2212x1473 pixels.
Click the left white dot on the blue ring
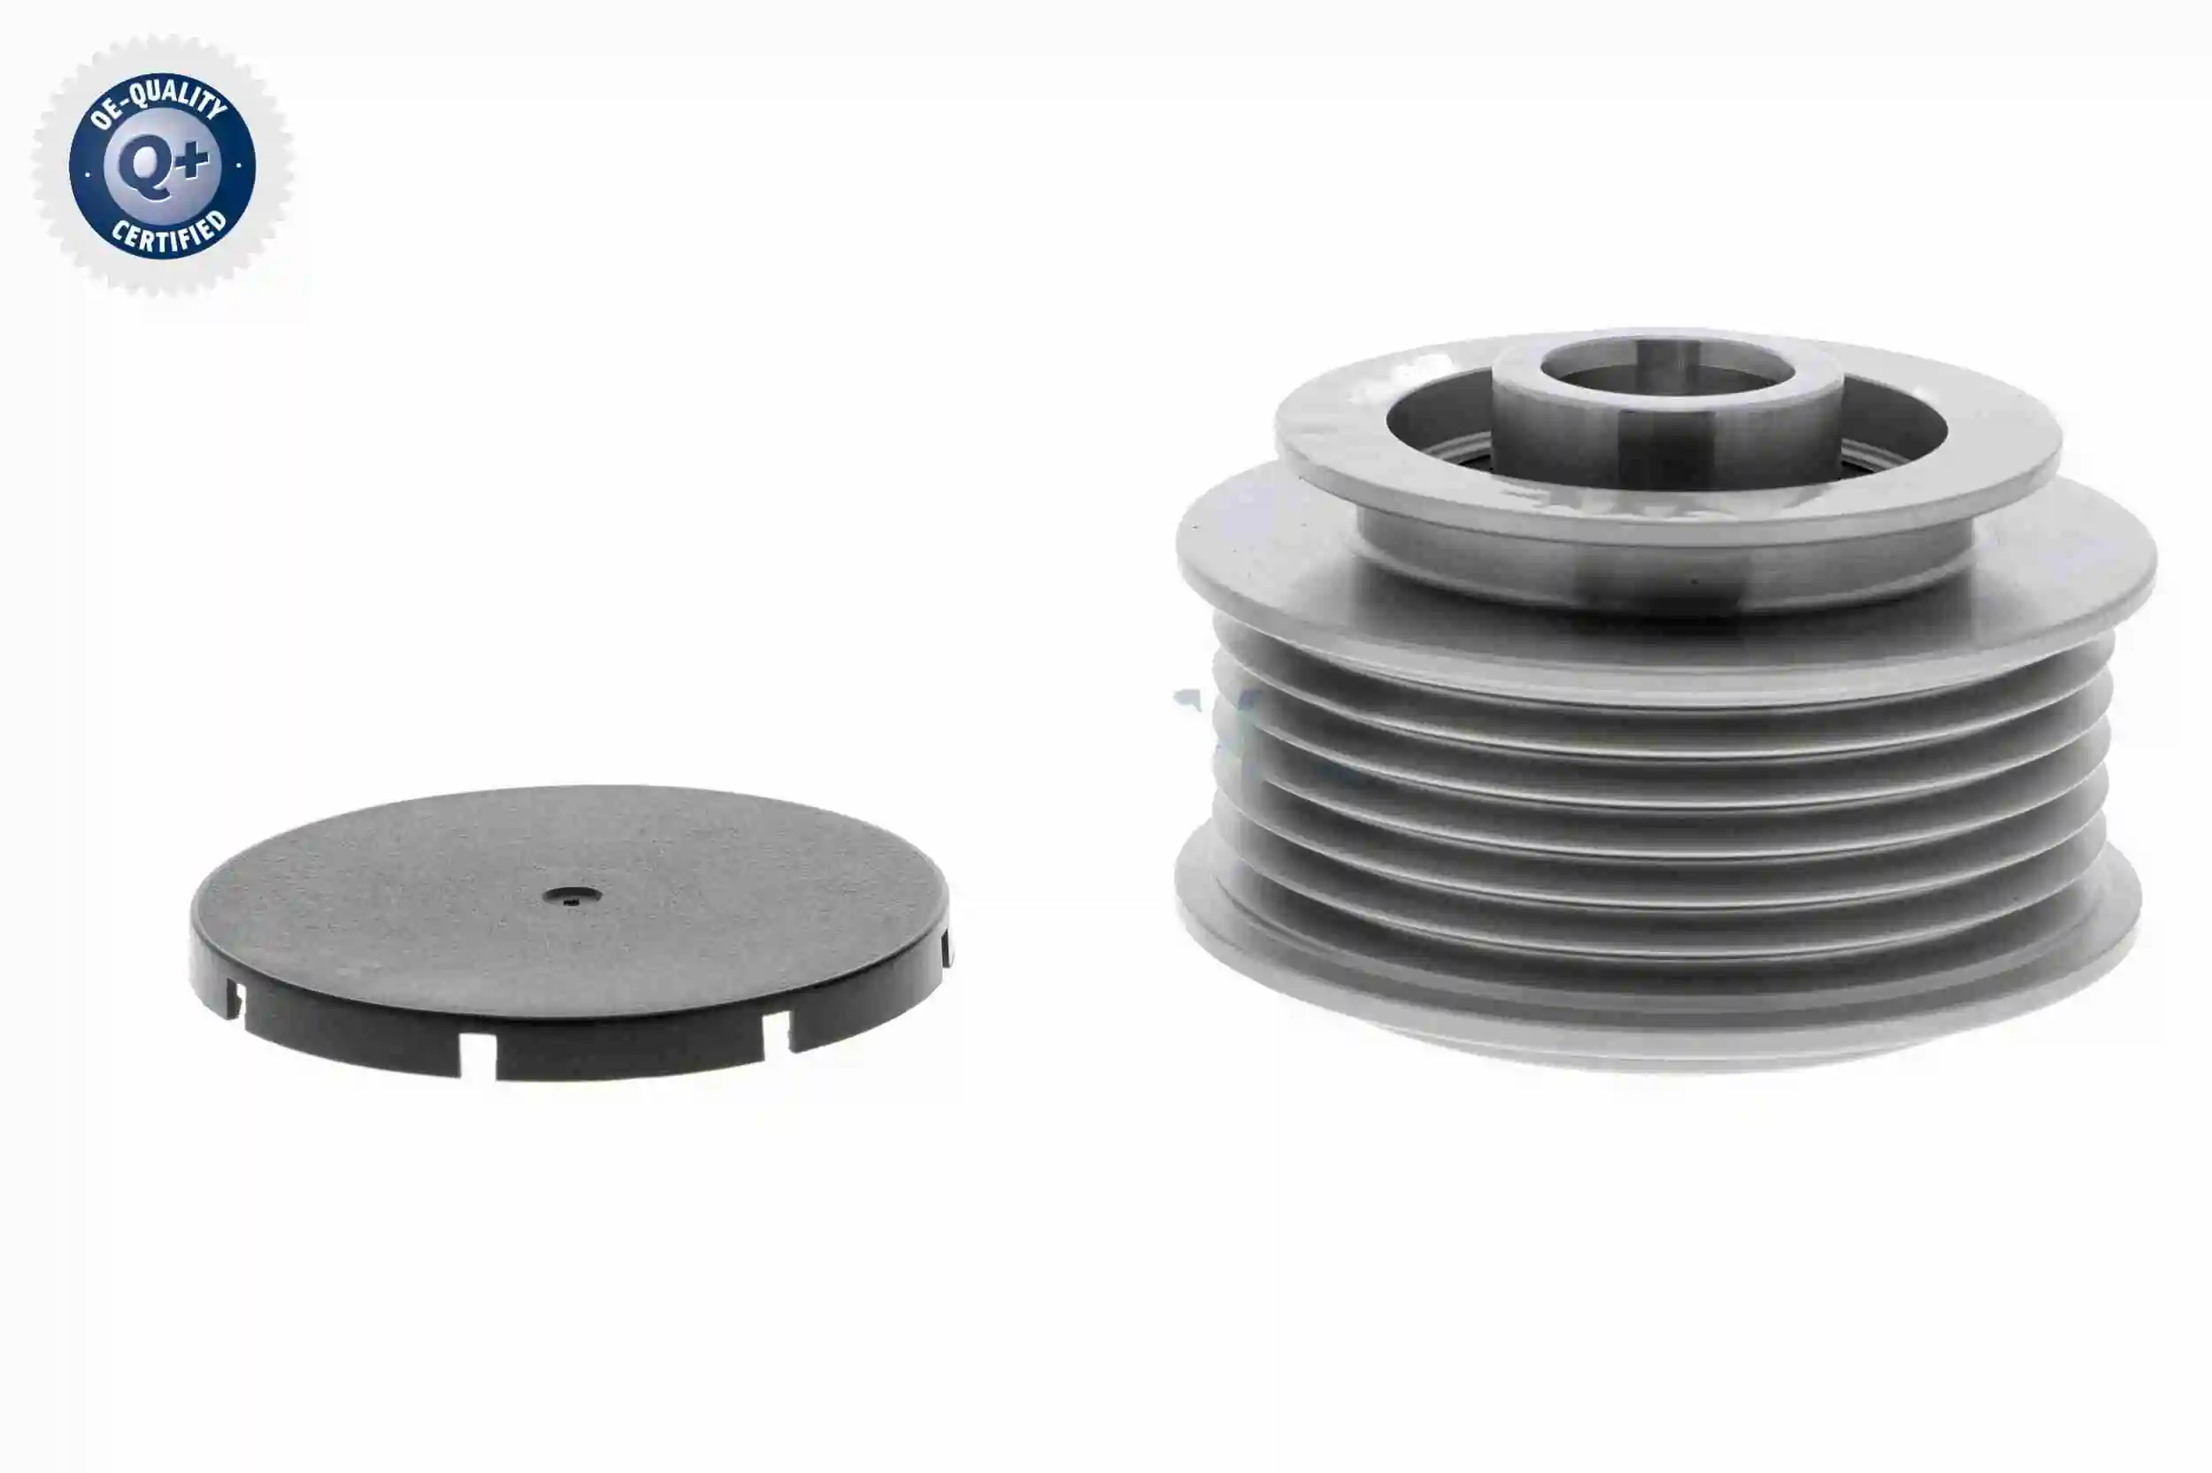pos(87,173)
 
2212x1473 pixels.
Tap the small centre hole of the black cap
pos(571,896)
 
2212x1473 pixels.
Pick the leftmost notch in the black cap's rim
pos(231,1000)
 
